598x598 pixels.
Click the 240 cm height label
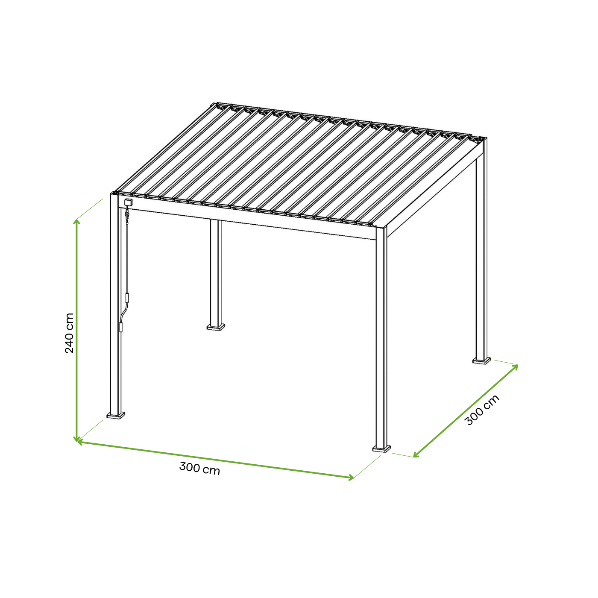coord(70,333)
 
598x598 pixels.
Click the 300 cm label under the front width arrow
coord(199,468)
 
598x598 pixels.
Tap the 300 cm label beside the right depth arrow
coord(482,410)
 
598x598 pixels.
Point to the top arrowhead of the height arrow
coord(76,221)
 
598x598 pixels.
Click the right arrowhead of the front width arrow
coord(351,478)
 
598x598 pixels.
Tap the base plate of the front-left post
coord(116,415)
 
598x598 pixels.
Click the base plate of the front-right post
coord(381,449)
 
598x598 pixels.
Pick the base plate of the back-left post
coord(216,327)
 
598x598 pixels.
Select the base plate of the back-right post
coord(482,361)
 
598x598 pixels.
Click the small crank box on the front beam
coord(128,203)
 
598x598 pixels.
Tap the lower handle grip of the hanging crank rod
coord(121,327)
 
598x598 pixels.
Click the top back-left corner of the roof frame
coord(214,104)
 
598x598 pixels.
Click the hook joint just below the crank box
coord(127,214)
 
